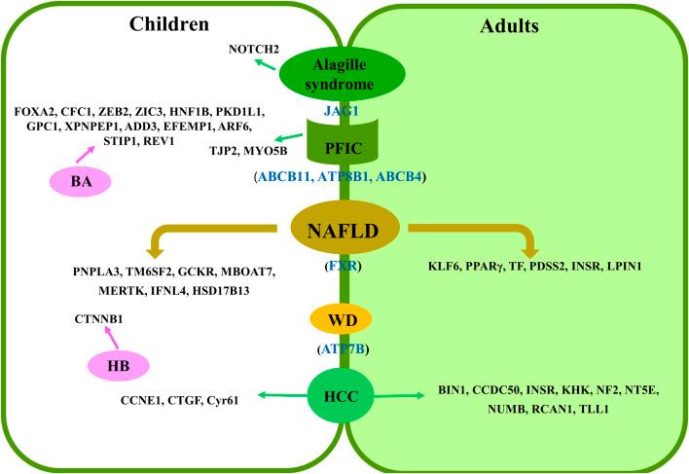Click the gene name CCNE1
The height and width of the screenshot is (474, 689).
pyautogui.click(x=144, y=397)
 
